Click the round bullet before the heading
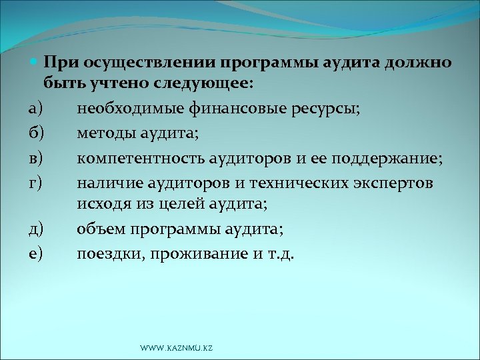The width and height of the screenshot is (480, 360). [35, 63]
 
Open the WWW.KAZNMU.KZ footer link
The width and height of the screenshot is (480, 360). [176, 348]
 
